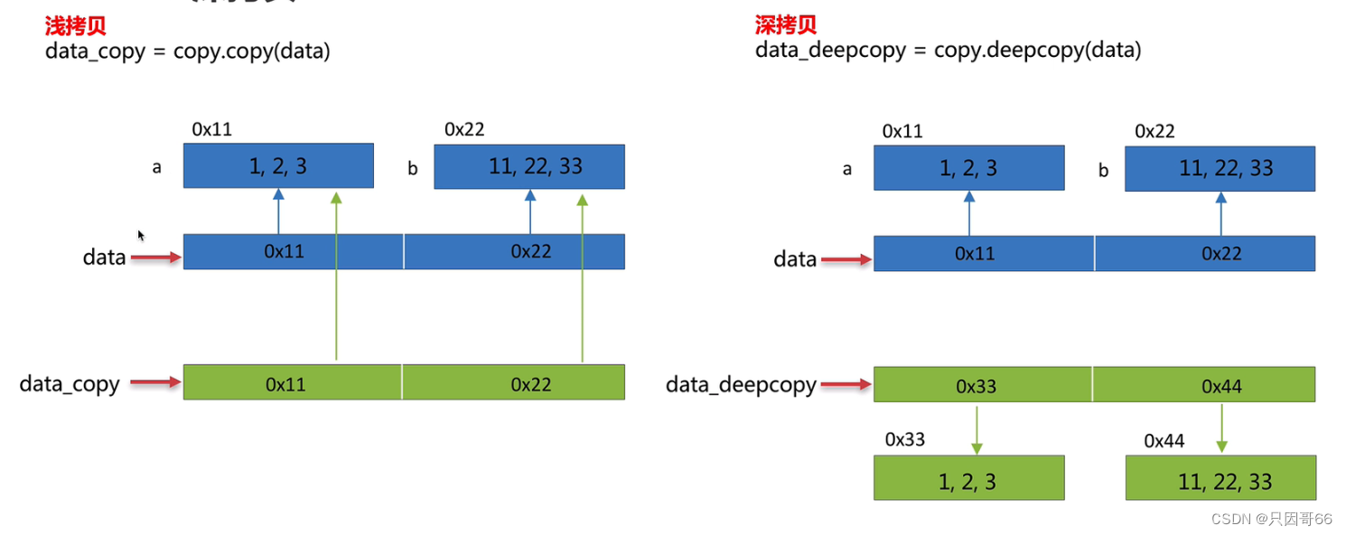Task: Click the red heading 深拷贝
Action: click(x=786, y=25)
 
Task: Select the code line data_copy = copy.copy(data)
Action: click(x=188, y=52)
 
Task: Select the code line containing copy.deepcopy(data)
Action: click(x=949, y=51)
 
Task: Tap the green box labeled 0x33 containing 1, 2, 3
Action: click(x=968, y=478)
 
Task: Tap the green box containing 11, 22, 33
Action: click(x=1220, y=478)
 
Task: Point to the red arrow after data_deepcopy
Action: click(x=846, y=385)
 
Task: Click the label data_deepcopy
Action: click(x=741, y=385)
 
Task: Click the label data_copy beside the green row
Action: click(x=70, y=383)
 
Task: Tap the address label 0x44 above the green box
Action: click(x=1164, y=441)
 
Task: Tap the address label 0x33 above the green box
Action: click(x=904, y=440)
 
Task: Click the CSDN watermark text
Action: click(x=1271, y=519)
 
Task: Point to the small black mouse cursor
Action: click(x=141, y=235)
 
